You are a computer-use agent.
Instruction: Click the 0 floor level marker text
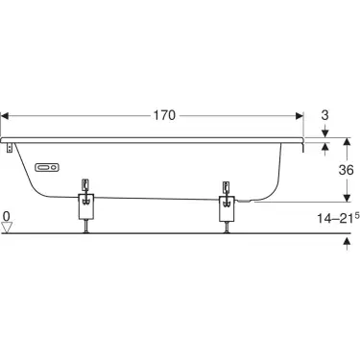pos(7,217)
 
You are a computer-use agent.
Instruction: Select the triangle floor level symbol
pos(8,228)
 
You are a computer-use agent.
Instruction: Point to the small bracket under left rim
pos(11,148)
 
